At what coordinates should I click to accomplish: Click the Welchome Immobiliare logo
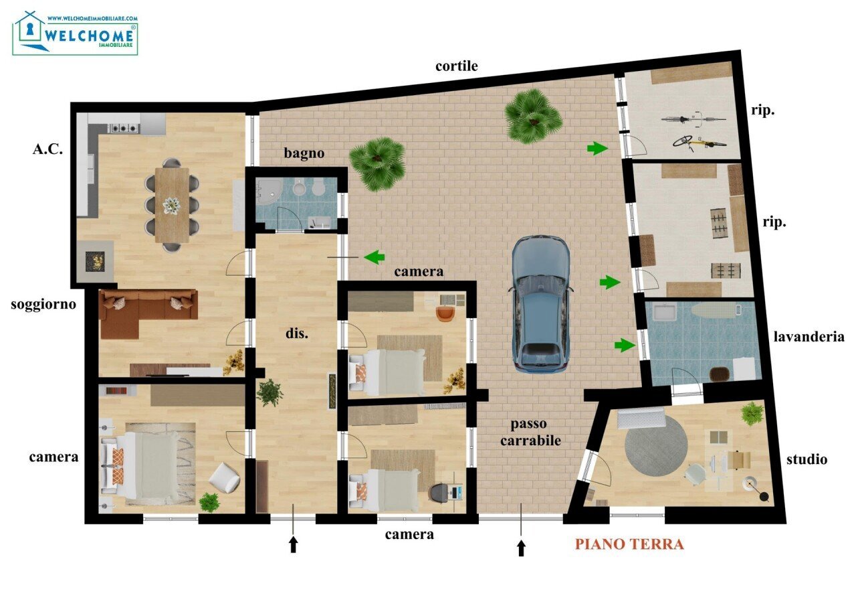coord(75,33)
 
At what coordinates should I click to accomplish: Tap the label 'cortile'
coord(457,66)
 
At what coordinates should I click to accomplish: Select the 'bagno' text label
coord(304,153)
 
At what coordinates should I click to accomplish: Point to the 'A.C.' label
coord(47,149)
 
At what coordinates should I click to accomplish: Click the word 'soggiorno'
coord(43,305)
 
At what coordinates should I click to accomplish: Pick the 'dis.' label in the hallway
coord(297,333)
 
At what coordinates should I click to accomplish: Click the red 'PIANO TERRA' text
coord(629,544)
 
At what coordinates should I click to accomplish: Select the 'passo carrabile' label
coord(536,432)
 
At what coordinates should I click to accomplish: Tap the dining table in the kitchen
coord(172,204)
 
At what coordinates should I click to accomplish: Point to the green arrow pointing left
coord(374,256)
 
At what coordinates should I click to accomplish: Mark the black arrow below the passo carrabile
coord(522,548)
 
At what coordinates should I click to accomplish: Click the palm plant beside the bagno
coord(377,163)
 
